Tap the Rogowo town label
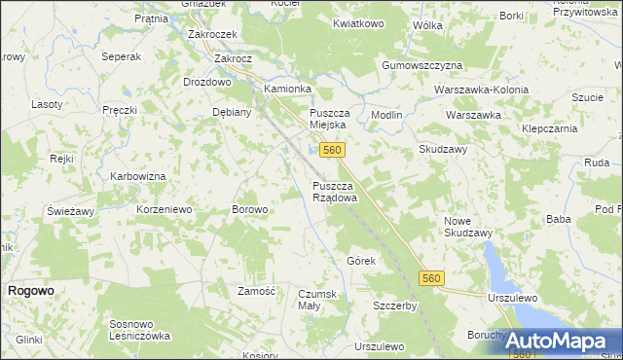pos(30,291)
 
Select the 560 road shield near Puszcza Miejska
pos(332,150)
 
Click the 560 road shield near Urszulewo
pos(434,279)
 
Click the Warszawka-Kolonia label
pos(484,90)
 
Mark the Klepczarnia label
pos(553,127)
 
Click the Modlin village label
pos(386,115)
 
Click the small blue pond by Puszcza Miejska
pos(312,151)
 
